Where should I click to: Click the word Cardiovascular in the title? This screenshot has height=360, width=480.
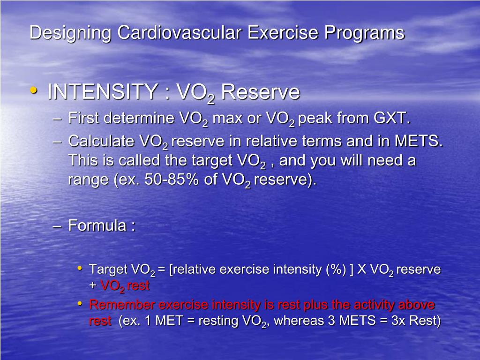coord(180,33)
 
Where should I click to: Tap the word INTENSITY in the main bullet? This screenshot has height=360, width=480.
coord(102,92)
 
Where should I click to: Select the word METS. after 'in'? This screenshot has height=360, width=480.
coord(419,141)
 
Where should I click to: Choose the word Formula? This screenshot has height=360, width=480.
coord(97,225)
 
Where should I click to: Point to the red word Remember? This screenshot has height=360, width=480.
coord(122,305)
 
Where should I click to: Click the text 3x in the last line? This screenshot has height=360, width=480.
coord(392,322)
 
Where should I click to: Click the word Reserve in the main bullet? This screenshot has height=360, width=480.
coord(260,92)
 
